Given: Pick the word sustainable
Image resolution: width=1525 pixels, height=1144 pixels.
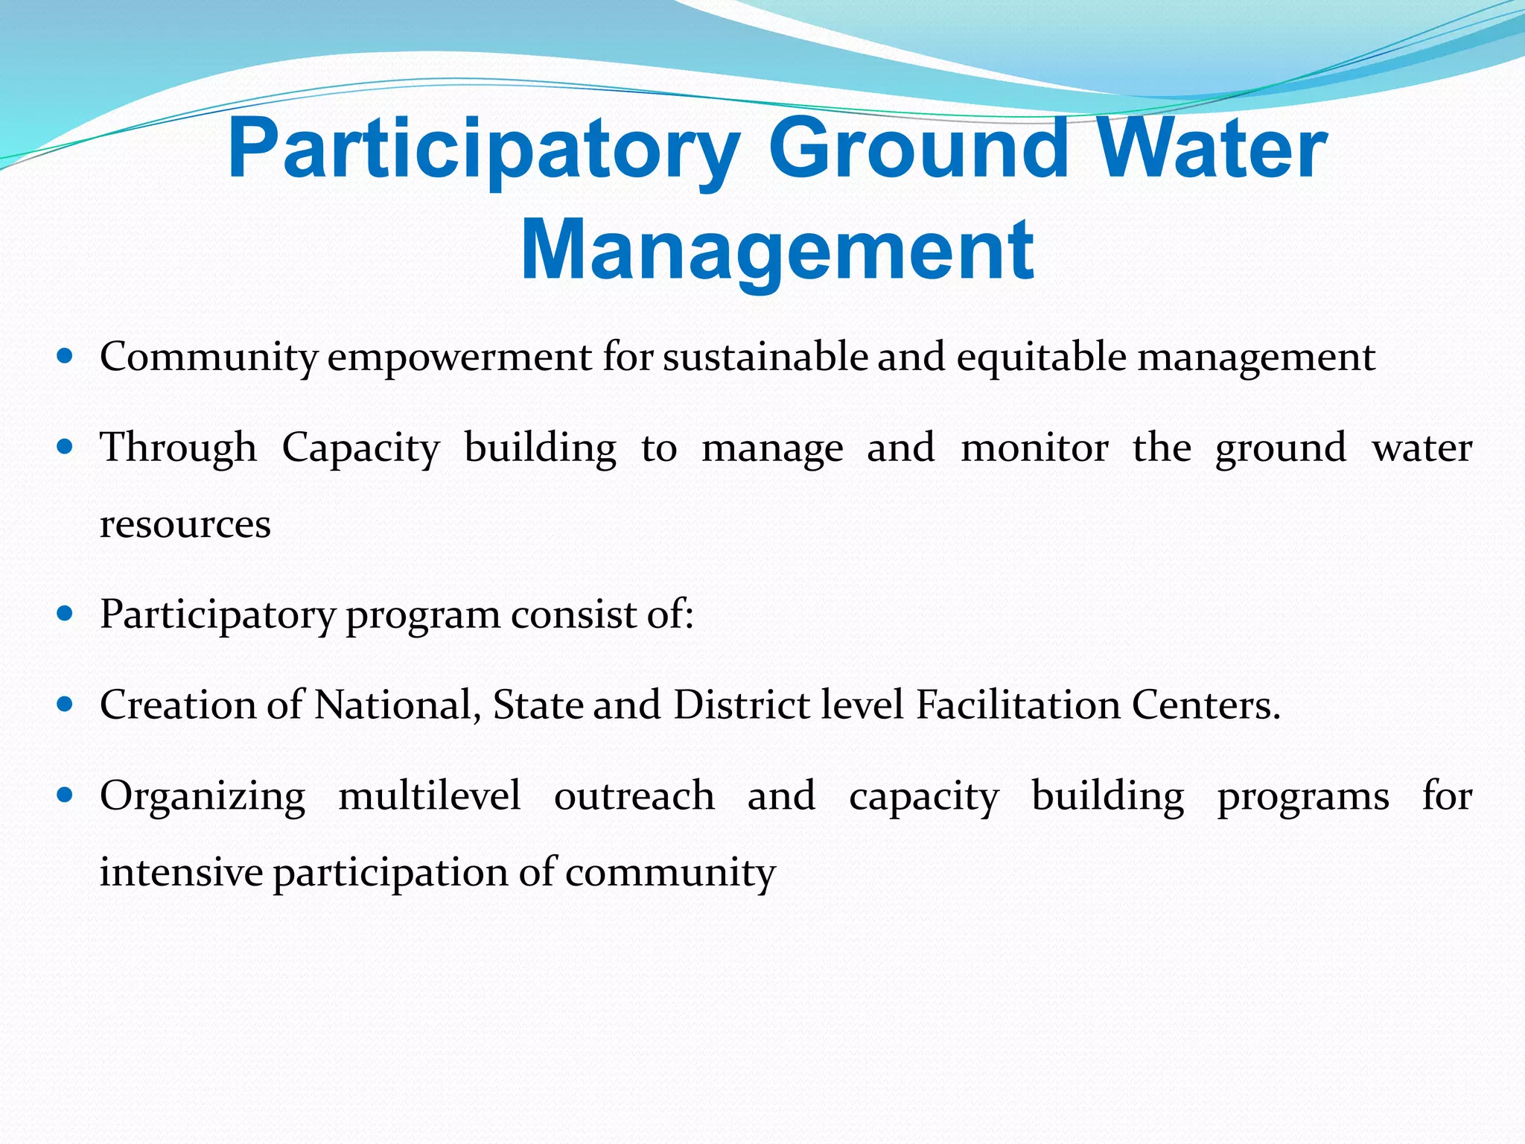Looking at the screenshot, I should (x=765, y=356).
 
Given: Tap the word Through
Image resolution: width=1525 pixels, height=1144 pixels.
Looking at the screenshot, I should (x=178, y=448).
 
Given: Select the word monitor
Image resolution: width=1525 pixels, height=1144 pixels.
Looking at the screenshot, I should (x=1034, y=448).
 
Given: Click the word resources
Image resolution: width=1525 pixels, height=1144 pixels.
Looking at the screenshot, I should (x=185, y=524).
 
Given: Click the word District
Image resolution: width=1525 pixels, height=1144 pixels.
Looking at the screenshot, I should (x=742, y=705).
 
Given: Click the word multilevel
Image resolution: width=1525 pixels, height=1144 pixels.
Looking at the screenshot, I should (x=430, y=795).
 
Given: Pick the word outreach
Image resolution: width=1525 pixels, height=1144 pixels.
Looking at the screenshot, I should (x=634, y=795).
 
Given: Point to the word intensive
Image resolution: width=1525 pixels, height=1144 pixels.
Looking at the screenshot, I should (x=182, y=871).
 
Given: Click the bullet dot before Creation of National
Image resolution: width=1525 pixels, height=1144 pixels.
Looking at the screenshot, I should (x=66, y=704).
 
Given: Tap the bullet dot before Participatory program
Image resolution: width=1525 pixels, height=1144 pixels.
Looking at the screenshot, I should (x=66, y=613).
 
